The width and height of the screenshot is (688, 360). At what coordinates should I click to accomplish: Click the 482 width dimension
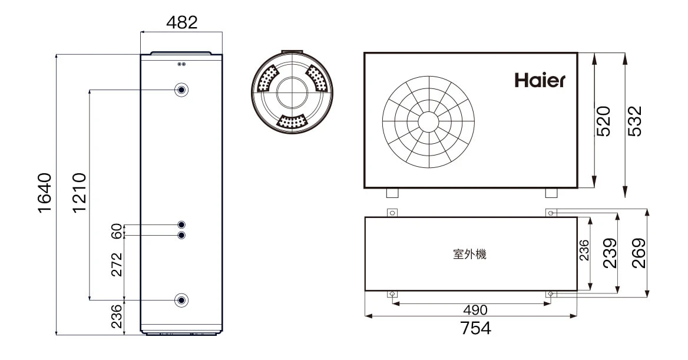click(181, 22)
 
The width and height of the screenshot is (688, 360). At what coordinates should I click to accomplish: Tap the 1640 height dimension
click(45, 193)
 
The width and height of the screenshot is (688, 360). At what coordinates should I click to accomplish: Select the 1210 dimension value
click(80, 193)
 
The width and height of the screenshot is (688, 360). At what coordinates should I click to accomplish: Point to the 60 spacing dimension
click(116, 230)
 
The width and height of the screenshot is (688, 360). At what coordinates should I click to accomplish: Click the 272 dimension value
click(116, 265)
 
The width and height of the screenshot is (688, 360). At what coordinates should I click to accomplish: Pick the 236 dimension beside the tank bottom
click(116, 316)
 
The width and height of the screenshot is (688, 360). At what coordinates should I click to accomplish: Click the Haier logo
click(540, 80)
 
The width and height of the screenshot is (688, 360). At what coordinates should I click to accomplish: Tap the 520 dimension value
click(604, 121)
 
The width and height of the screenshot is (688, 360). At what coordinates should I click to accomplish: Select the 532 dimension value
click(635, 121)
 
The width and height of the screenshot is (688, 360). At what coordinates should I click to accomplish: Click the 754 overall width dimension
click(475, 328)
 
